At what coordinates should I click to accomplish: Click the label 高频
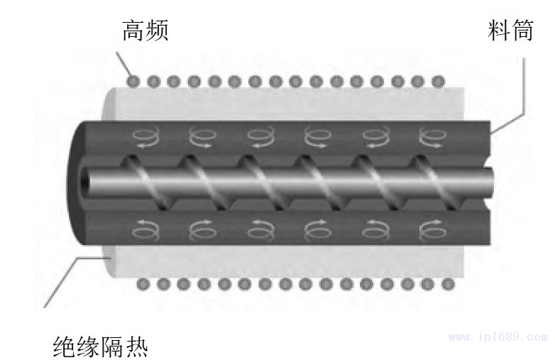tap(145, 31)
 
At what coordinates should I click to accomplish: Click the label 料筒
tap(510, 31)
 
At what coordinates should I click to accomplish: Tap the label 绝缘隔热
tap(101, 346)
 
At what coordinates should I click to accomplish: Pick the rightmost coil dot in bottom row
tap(449, 284)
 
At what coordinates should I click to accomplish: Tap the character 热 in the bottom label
tap(136, 346)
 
